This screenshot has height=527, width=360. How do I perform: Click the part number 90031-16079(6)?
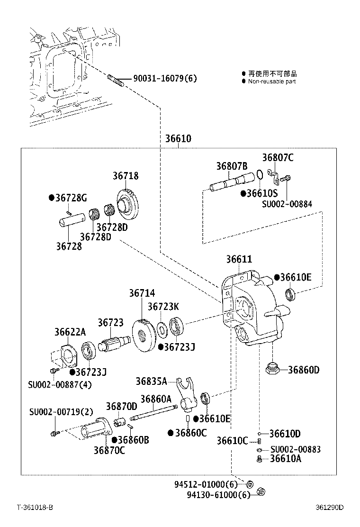(164, 79)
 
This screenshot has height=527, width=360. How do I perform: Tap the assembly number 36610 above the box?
(178, 139)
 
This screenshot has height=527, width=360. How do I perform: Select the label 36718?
(126, 176)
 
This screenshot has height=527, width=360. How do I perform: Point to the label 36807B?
(232, 166)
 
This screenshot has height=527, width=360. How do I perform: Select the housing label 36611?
(239, 260)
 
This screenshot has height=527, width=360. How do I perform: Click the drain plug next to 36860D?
(273, 369)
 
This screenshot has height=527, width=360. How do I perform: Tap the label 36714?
(142, 294)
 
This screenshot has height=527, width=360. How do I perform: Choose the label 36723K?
(163, 307)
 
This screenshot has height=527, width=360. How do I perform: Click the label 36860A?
(156, 399)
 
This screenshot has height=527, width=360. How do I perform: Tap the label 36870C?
(109, 450)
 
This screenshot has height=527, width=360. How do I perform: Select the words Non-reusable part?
(272, 82)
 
